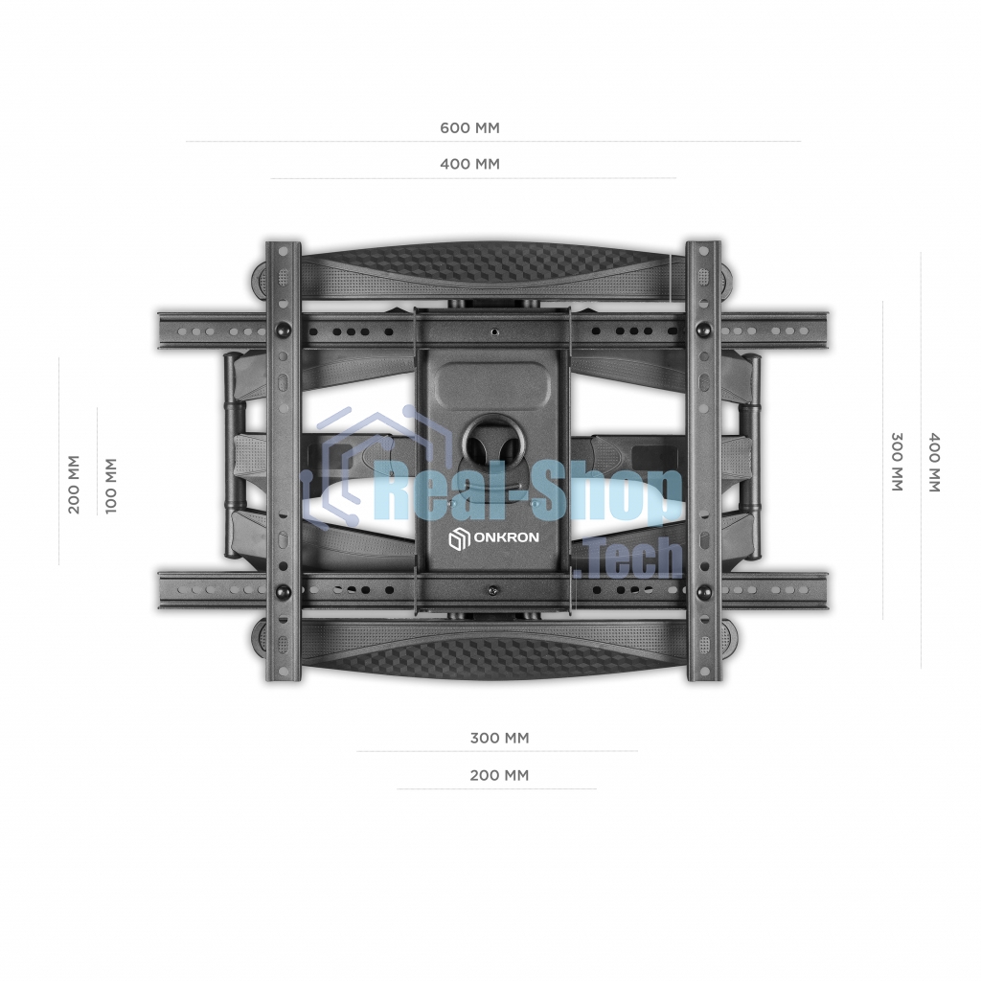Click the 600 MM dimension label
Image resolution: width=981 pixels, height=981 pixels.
(469, 127)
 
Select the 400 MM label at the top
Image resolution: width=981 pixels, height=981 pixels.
(469, 164)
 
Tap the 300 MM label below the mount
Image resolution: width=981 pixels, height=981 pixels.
(499, 739)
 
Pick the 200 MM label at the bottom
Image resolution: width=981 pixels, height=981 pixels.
(499, 775)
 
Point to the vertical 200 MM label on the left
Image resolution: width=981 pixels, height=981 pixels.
(75, 484)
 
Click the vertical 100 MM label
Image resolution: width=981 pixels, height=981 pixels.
(111, 486)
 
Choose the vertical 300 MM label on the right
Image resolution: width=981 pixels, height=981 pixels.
(897, 462)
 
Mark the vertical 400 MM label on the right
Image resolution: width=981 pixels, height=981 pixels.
(934, 462)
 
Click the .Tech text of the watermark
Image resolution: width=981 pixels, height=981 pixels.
(632, 559)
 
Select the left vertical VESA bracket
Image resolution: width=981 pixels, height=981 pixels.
(283, 460)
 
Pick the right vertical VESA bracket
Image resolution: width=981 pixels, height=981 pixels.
(704, 460)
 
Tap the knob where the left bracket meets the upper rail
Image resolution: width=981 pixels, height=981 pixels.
(283, 331)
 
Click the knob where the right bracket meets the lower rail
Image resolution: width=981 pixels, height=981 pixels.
(704, 591)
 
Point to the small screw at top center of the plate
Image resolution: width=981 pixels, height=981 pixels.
(493, 333)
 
